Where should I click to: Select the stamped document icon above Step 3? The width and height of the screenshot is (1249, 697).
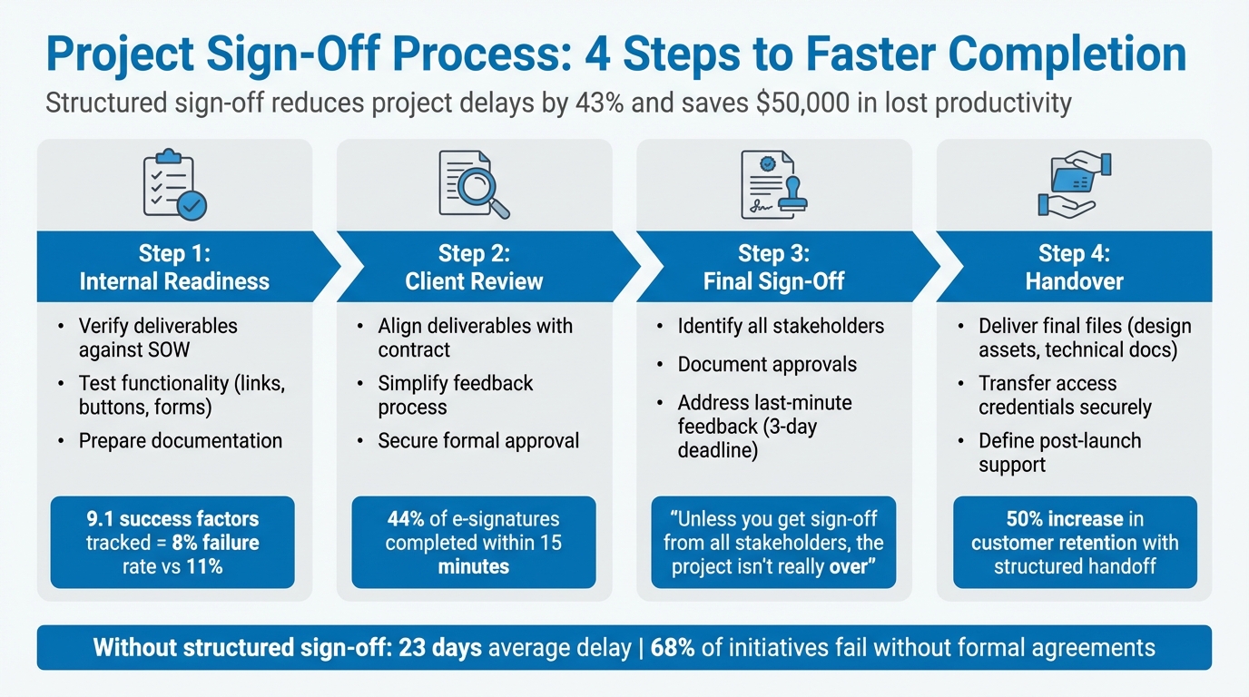tap(773, 184)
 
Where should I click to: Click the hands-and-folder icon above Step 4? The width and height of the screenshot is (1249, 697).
tap(1074, 184)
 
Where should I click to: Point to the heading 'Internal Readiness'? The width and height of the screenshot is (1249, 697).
tap(174, 281)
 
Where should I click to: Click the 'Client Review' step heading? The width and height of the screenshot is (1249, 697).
tap(474, 281)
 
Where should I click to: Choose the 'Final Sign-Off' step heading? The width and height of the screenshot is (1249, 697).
tap(773, 281)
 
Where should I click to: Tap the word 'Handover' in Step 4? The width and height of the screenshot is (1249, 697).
tap(1074, 281)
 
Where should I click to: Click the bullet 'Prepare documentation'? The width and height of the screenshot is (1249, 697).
tap(180, 441)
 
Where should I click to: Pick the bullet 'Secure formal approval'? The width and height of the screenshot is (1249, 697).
tap(478, 441)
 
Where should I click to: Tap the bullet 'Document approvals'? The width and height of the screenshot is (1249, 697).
tap(767, 365)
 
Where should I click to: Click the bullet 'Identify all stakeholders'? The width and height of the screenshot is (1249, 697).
tap(781, 326)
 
